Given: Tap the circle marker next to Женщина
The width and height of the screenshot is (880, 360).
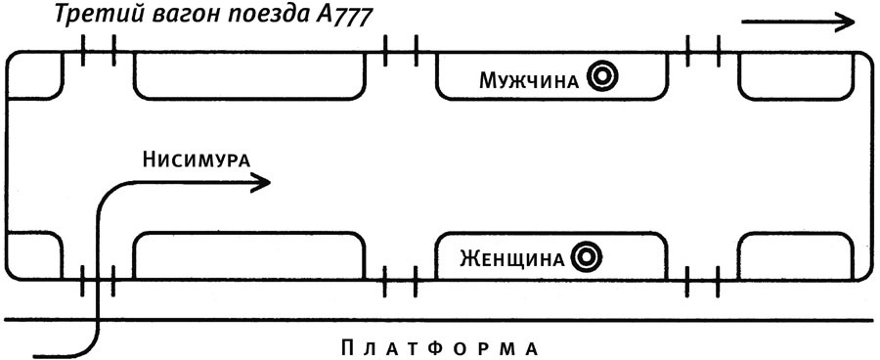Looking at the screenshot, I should tap(586, 258).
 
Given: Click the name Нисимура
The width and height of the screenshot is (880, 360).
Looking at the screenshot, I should tap(196, 158).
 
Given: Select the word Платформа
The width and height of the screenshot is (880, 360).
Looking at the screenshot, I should tap(441, 347).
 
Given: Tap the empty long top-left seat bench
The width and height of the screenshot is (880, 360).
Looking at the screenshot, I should tap(249, 76).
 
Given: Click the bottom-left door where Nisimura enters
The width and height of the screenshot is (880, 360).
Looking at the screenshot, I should tap(98, 282).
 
